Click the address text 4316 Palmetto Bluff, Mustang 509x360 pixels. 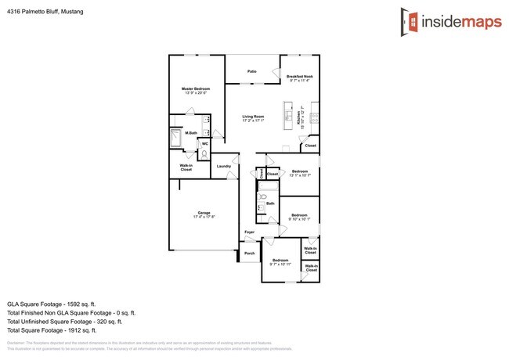coord(45,13)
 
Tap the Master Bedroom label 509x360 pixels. coord(196,89)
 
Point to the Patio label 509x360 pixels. coord(252,71)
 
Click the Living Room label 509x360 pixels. coord(253,117)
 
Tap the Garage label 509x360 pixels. coord(204,213)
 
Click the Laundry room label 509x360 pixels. coord(223,166)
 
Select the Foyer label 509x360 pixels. coord(249,232)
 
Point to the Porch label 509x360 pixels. coord(250,253)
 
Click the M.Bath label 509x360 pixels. coord(190,133)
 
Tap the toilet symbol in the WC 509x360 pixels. coord(204,155)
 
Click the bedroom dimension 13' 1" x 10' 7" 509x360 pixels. coord(300,175)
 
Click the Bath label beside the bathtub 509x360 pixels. coord(269,203)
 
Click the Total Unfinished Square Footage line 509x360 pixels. coord(64,321)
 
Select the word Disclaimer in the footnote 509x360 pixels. coord(15,343)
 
